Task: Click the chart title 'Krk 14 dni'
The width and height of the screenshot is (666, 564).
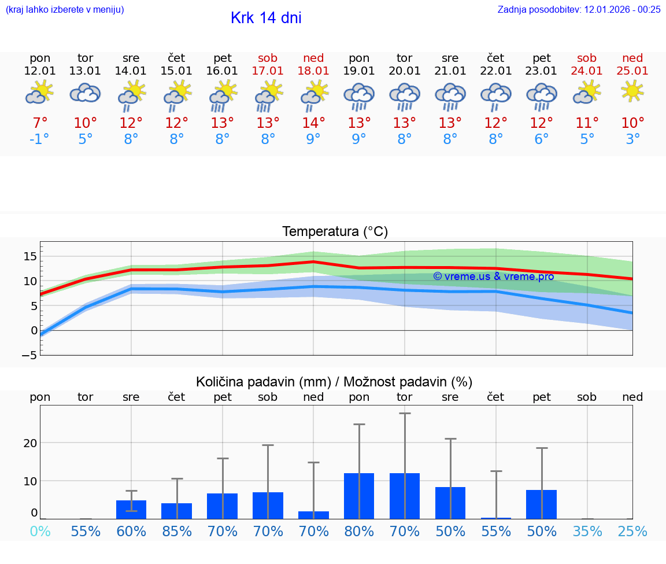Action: [x=266, y=18]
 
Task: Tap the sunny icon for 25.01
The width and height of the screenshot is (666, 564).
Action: [x=632, y=91]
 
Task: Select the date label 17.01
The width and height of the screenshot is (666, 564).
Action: [x=268, y=71]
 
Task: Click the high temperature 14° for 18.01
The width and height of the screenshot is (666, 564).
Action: [x=313, y=123]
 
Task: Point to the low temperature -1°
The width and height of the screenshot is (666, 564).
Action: [x=40, y=139]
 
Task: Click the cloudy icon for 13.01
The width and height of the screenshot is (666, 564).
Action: [x=86, y=93]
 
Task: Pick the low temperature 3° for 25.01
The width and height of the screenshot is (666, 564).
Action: [x=632, y=139]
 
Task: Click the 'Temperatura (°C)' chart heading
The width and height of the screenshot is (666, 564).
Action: [x=335, y=232]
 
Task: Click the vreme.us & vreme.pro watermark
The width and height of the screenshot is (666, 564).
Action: [x=493, y=276]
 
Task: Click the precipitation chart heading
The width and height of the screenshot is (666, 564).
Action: [x=334, y=382]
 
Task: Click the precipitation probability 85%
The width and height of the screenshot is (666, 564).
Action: [x=177, y=531]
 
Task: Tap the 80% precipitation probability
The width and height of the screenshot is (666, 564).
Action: [x=359, y=531]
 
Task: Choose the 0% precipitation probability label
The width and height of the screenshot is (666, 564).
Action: [x=40, y=531]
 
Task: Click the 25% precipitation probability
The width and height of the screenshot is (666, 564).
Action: [x=632, y=531]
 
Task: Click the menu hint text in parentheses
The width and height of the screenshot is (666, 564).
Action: [x=65, y=9]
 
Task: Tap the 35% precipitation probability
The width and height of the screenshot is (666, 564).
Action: [x=587, y=531]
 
